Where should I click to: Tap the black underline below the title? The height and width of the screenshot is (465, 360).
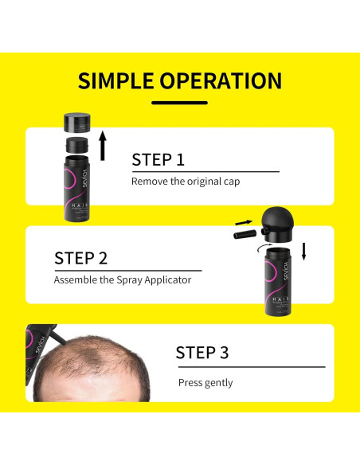(179, 102)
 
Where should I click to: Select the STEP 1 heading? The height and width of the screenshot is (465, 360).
(158, 158)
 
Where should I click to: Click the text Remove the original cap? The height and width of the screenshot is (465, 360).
(186, 182)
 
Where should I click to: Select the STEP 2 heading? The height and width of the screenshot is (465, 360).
(80, 258)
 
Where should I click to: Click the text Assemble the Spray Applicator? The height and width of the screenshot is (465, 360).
(123, 280)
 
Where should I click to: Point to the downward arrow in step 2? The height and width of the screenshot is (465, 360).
(303, 251)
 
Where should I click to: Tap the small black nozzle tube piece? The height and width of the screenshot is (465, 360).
(242, 234)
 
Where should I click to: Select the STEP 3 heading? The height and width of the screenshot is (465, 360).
(202, 353)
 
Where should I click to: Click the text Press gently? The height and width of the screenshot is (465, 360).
(205, 382)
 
